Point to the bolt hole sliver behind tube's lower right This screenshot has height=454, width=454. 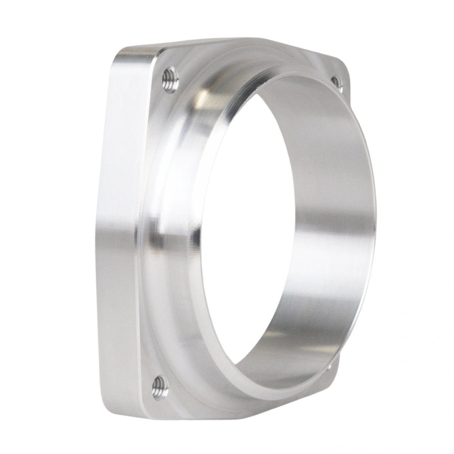pyautogui.click(x=330, y=366)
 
